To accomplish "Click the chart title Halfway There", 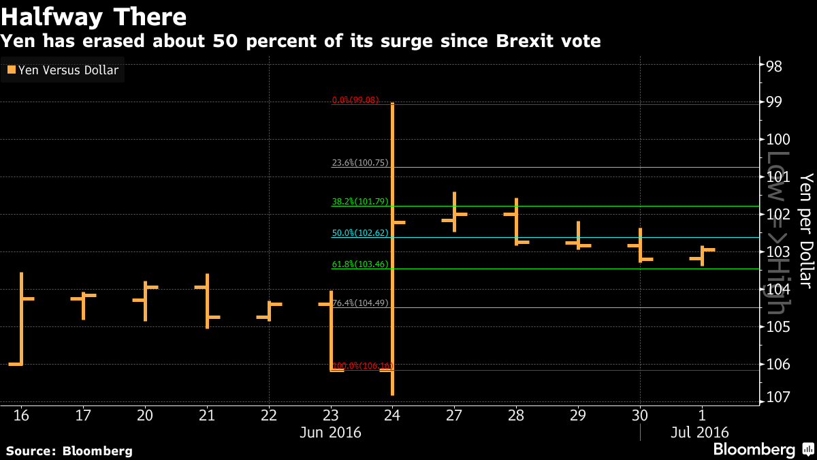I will [95, 15].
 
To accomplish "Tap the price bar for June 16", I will [22, 319].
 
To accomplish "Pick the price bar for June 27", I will [454, 212].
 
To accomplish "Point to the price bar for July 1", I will [702, 256].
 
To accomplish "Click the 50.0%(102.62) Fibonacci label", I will [359, 233].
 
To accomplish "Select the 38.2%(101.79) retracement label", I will [359, 202].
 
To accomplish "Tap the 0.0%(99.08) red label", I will [359, 100].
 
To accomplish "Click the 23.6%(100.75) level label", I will [359, 163].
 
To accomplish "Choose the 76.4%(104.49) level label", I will [359, 303].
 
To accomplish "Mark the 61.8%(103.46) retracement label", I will [359, 264].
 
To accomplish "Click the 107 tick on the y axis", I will [776, 397].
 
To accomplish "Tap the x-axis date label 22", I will [268, 415].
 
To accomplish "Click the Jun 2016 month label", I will [330, 433].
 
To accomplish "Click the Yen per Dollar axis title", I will [806, 230].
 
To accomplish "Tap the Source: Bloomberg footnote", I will [69, 451].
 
